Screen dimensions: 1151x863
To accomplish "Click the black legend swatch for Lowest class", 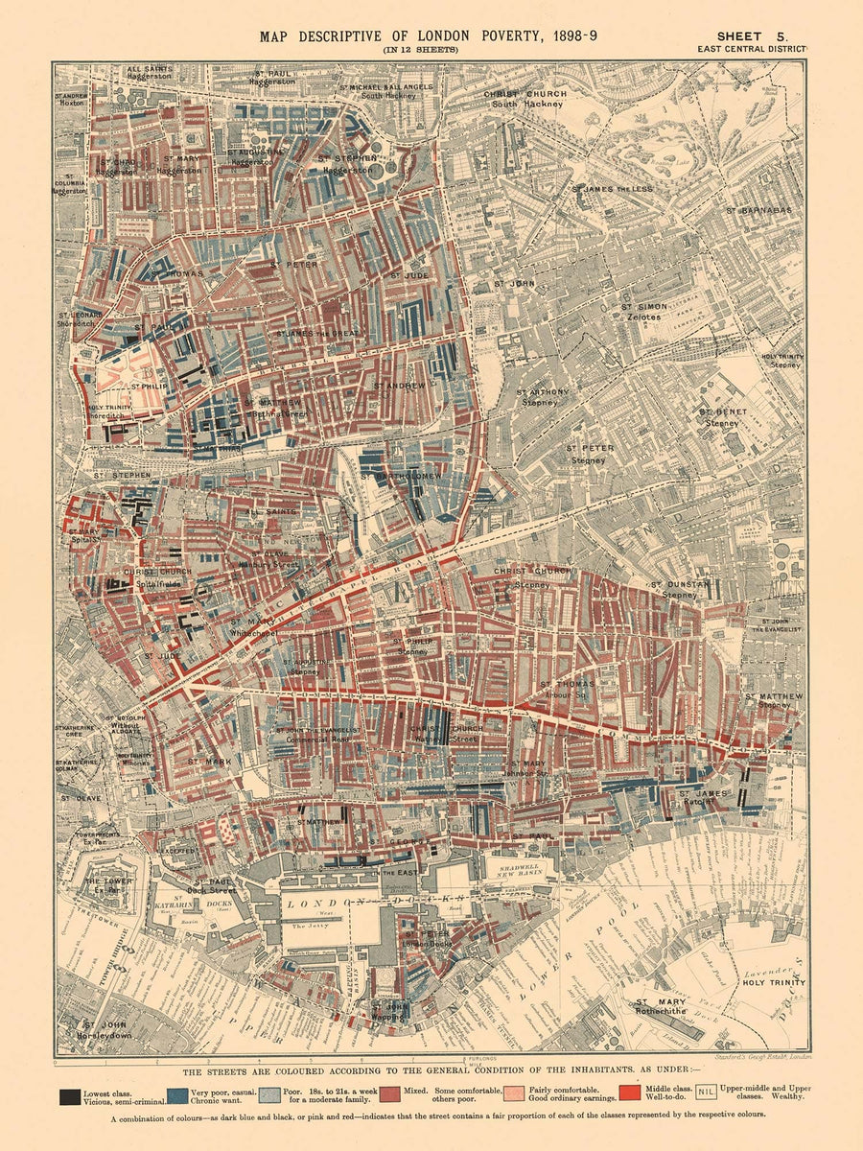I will (x=69, y=1094).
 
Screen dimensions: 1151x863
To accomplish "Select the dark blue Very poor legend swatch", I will (x=176, y=1094).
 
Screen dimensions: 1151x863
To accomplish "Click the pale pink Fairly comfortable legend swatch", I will (x=514, y=1094).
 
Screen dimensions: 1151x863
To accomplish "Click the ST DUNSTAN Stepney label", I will (x=679, y=589).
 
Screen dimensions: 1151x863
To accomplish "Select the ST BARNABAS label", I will (x=758, y=209).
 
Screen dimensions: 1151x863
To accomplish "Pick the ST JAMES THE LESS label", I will (x=614, y=190).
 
